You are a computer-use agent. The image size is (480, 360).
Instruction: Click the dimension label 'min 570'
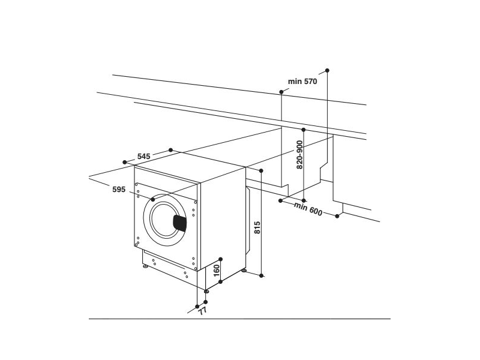[302, 81]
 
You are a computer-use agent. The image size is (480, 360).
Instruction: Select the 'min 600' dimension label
[308, 210]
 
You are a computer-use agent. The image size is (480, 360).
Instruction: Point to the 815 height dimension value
[257, 228]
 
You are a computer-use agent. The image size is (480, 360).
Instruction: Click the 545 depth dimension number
[143, 156]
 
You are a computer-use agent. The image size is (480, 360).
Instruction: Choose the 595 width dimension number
[119, 190]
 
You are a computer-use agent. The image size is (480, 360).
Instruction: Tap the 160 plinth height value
[217, 271]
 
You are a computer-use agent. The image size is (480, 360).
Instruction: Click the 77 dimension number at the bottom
[202, 311]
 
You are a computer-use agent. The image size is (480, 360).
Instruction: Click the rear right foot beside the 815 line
[244, 271]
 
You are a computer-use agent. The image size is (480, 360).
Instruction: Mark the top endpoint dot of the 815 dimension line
[262, 171]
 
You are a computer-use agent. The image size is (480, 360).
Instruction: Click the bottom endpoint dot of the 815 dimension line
[262, 275]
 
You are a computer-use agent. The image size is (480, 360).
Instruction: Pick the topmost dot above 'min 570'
[327, 70]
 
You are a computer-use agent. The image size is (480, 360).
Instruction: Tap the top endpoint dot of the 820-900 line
[304, 129]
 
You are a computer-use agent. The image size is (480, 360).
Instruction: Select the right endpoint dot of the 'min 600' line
[338, 216]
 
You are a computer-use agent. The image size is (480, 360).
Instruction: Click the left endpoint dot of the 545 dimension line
[125, 161]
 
